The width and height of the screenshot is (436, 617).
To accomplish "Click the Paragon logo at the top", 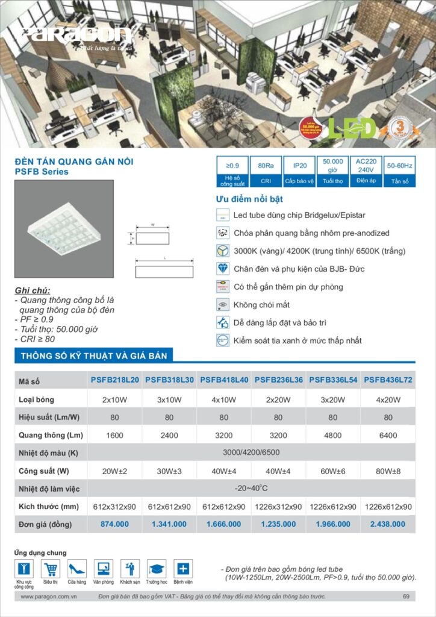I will pos(76,34).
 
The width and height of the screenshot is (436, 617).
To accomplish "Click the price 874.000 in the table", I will pos(114,524).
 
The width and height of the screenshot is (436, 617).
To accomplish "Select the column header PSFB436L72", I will pos(388,380).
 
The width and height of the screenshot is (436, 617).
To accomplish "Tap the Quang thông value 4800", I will pos(333,435).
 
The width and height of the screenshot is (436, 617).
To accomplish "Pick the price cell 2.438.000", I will pos(388,524).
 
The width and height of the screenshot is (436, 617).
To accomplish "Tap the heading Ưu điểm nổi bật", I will pos(249,199).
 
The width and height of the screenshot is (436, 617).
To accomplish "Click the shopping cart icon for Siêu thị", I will pos(51,568).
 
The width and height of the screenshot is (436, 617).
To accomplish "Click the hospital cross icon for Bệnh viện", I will pos(183,568).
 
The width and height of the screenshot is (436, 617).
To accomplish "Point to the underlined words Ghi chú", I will pos(33,290).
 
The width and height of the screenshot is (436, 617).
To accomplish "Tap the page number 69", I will pos(406,597).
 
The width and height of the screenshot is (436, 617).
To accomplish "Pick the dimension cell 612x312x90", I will pos(114,506).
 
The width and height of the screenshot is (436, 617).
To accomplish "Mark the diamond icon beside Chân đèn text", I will pos(222,269).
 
